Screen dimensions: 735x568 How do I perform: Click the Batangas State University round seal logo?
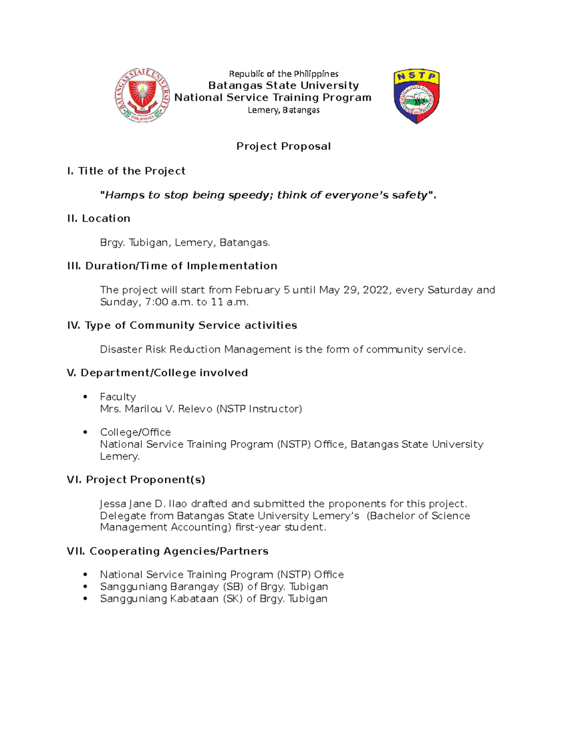point(142,95)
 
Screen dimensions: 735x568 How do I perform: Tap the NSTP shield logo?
point(417,96)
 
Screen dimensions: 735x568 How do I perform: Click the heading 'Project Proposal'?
point(283,146)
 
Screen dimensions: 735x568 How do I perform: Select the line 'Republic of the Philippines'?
point(284,74)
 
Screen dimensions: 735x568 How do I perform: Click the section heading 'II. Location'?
point(98,218)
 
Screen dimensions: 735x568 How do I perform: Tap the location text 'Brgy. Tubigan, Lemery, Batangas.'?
point(185,243)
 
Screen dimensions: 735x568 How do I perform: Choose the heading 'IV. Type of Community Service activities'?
point(182,325)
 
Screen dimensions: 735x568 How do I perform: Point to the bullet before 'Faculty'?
point(85,397)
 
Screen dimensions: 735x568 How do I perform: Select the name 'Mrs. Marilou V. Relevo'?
point(156,409)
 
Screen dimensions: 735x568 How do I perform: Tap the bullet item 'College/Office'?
point(135,432)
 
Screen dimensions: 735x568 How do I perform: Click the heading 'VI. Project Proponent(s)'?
point(136,480)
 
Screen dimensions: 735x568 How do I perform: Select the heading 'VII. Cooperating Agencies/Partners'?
point(168,551)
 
